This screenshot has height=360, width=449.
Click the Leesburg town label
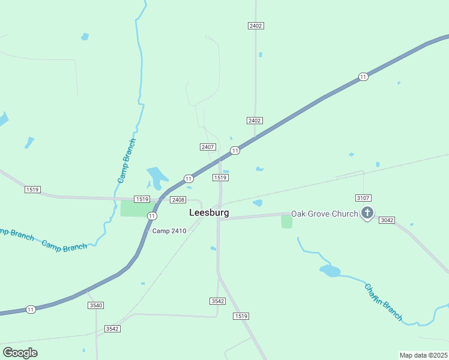[208, 212]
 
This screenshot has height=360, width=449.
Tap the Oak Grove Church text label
[324, 214]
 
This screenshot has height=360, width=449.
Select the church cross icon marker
[367, 213]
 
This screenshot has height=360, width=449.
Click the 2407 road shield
[208, 147]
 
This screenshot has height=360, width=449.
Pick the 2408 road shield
[178, 199]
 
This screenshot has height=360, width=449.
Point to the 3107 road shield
[363, 197]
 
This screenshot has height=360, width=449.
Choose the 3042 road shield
[387, 220]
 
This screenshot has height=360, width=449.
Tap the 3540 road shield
[95, 305]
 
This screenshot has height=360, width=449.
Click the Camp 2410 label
[169, 231]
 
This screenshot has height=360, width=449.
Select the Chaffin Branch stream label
[383, 302]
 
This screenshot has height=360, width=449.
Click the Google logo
[20, 352]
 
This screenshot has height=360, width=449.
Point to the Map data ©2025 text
[423, 355]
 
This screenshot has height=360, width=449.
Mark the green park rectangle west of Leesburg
[134, 208]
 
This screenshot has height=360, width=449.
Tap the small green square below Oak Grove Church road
[287, 222]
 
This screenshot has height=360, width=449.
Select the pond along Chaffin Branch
[330, 271]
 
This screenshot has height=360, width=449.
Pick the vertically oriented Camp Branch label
[127, 161]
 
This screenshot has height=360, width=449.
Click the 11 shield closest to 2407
[235, 151]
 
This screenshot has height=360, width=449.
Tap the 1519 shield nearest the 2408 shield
[142, 199]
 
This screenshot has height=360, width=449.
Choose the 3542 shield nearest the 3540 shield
[112, 329]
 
